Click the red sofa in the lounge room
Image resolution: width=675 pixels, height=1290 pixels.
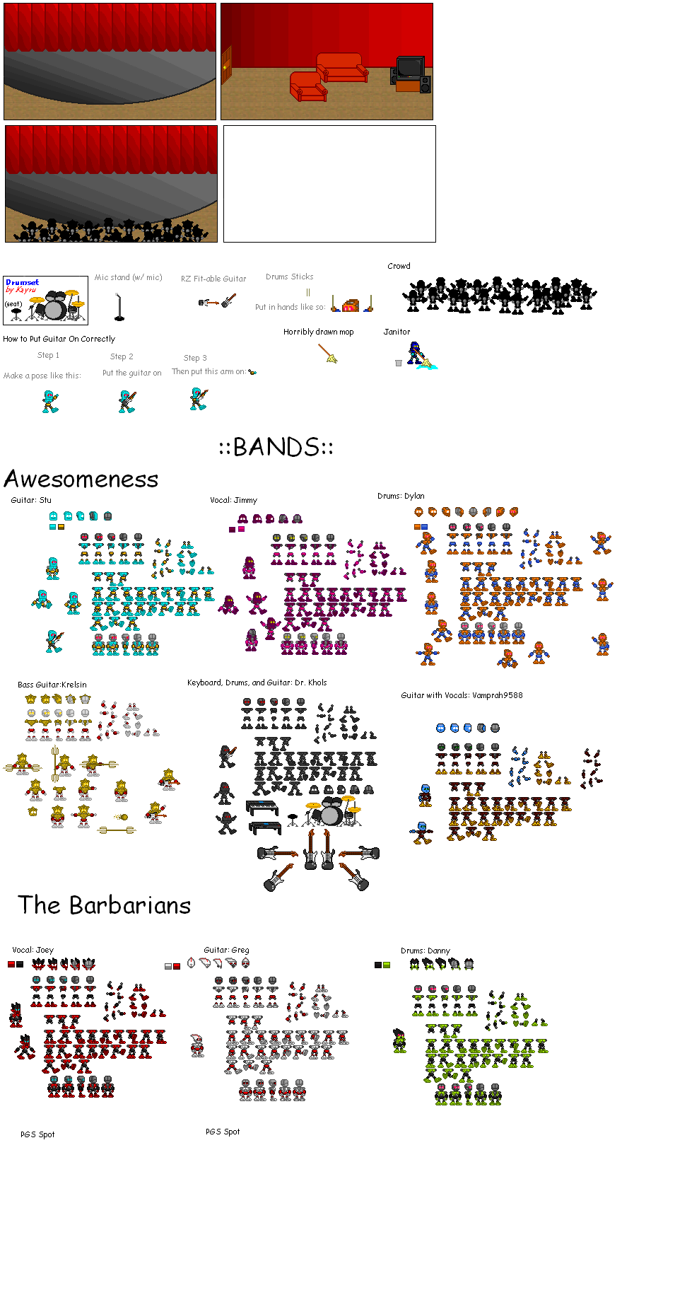(x=342, y=68)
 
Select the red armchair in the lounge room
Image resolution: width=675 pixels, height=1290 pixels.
(x=308, y=86)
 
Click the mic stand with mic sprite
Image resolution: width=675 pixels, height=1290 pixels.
(x=119, y=307)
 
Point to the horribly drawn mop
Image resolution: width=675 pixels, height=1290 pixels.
(x=328, y=353)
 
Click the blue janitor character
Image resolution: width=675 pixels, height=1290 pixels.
(x=415, y=353)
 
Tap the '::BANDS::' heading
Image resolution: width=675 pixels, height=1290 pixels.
(x=276, y=447)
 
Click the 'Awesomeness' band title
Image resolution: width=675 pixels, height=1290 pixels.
(x=81, y=479)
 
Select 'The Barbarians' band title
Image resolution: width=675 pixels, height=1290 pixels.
(x=105, y=905)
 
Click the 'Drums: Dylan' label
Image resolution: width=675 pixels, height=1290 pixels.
(x=401, y=496)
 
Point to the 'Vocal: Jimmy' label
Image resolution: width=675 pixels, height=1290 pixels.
(x=233, y=500)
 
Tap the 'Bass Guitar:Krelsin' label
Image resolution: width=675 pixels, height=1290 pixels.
(x=52, y=685)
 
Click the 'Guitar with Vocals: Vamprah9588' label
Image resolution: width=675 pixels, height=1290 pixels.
(x=462, y=695)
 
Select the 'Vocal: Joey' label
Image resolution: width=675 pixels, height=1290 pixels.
(x=33, y=950)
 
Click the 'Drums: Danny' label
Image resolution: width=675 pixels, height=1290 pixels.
(x=425, y=951)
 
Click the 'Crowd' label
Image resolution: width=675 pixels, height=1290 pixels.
(x=399, y=266)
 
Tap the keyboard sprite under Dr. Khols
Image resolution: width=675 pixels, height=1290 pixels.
(x=262, y=808)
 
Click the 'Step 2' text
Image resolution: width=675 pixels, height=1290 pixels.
(x=122, y=356)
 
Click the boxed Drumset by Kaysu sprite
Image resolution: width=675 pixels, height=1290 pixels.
(x=45, y=301)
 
